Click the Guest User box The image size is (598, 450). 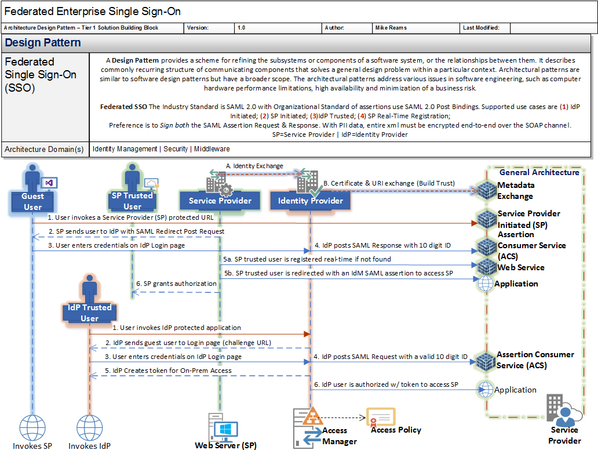(32, 201)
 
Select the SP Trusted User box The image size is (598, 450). (132, 201)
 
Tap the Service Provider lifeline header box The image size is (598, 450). (220, 201)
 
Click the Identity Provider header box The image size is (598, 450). (311, 201)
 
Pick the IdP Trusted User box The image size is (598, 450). (89, 313)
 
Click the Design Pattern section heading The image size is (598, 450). (43, 43)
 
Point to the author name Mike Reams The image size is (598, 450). (391, 28)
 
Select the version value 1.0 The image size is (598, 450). (241, 28)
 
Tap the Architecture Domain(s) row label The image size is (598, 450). (44, 149)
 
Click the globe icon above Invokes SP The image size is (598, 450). (32, 428)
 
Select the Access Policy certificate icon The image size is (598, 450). (380, 417)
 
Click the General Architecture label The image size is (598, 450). (539, 172)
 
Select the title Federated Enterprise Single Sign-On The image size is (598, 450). (93, 12)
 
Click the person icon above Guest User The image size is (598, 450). (32, 176)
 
